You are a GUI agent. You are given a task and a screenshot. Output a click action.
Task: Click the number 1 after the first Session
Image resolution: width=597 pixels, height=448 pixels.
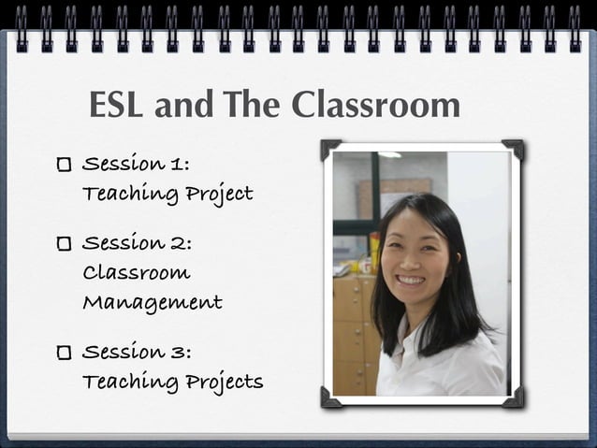click(x=179, y=165)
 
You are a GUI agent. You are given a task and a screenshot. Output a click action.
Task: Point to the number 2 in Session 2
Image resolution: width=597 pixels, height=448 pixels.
click(x=180, y=243)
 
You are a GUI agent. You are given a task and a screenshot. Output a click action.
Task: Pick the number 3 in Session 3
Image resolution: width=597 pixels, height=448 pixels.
click(x=180, y=352)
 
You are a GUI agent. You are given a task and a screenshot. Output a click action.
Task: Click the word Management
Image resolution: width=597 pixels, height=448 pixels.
click(x=153, y=303)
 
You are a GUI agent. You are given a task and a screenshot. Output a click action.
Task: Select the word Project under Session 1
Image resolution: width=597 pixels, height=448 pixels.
click(x=219, y=195)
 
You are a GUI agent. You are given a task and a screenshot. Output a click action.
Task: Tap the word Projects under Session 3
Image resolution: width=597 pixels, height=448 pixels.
click(x=225, y=383)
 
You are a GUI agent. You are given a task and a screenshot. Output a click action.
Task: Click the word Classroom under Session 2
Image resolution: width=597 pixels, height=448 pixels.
click(x=137, y=273)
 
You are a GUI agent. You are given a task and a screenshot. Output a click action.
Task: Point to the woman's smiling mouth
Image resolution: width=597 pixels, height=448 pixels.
click(x=411, y=280)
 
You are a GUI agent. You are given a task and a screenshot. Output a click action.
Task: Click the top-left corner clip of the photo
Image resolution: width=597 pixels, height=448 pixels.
click(x=330, y=149)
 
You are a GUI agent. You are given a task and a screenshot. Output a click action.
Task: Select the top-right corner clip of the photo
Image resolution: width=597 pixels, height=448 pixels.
click(x=514, y=149)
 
